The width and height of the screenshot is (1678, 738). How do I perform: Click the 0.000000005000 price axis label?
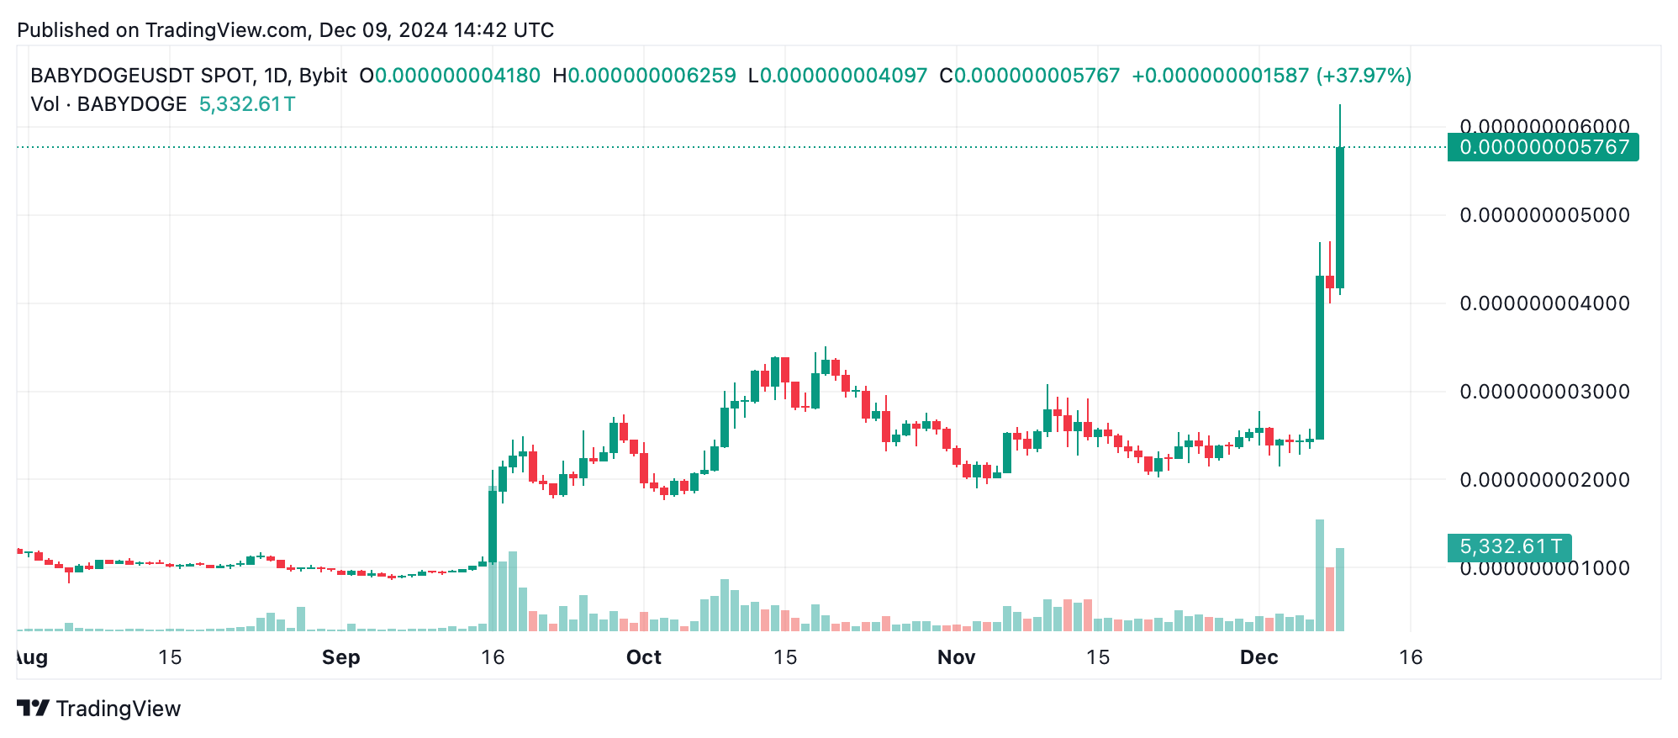click(x=1544, y=215)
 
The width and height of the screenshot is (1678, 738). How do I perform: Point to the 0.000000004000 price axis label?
click(x=1544, y=303)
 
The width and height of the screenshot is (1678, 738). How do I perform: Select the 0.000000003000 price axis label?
click(x=1544, y=392)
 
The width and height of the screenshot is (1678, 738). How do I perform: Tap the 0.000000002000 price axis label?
click(x=1544, y=480)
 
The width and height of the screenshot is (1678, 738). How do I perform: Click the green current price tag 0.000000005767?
click(x=1543, y=147)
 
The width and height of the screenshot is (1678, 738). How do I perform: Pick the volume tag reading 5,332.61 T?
click(x=1510, y=546)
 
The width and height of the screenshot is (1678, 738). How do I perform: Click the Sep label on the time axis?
click(x=340, y=657)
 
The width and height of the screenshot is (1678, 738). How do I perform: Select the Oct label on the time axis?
click(x=644, y=657)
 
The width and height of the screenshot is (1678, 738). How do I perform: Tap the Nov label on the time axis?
click(x=957, y=657)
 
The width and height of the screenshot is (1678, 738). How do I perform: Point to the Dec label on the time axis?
click(x=1259, y=657)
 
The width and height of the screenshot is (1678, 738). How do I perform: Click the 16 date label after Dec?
click(x=1411, y=657)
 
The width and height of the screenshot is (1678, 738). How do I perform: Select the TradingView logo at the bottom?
click(x=99, y=709)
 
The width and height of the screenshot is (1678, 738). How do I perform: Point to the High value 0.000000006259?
click(x=652, y=76)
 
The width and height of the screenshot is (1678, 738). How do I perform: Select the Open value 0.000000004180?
click(x=457, y=76)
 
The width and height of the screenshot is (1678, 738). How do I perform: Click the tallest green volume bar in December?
click(x=1320, y=576)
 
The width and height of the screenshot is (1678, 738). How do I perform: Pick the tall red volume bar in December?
click(x=1330, y=599)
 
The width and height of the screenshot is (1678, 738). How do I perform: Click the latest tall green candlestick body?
click(x=1340, y=218)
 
